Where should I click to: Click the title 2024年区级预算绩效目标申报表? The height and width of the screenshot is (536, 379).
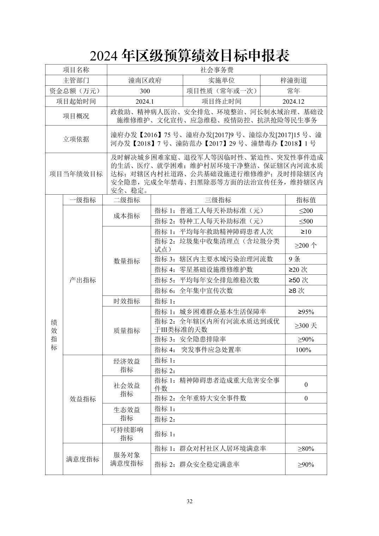pos(189,55)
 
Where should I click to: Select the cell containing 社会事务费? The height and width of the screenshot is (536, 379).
pos(217,70)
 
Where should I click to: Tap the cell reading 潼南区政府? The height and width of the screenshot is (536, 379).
pos(145,80)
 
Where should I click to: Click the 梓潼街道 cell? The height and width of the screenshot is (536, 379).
pos(293,80)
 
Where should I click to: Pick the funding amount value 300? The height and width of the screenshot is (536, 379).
pos(145,91)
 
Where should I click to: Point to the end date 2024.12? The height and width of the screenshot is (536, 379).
pos(293,102)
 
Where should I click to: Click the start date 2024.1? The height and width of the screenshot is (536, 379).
pos(145,102)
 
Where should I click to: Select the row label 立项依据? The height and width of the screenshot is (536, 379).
pos(76,139)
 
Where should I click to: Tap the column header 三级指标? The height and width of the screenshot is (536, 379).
pos(218,200)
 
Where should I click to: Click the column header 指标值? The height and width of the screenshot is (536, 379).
pos(306,200)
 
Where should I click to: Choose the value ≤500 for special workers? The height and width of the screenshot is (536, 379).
pos(306,221)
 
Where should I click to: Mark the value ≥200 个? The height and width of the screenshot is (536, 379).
pos(306,245)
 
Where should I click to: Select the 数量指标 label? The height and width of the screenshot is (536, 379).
pos(127,261)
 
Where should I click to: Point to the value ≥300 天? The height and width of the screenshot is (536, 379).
pos(306,325)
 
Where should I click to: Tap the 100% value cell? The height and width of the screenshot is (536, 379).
pos(303,350)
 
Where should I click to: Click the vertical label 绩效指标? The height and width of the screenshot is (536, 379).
pos(54,335)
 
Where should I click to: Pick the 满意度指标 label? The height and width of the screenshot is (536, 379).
pos(83,459)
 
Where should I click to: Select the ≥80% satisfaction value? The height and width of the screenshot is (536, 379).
pos(306,449)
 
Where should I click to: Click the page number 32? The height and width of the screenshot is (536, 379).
pos(189,501)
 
